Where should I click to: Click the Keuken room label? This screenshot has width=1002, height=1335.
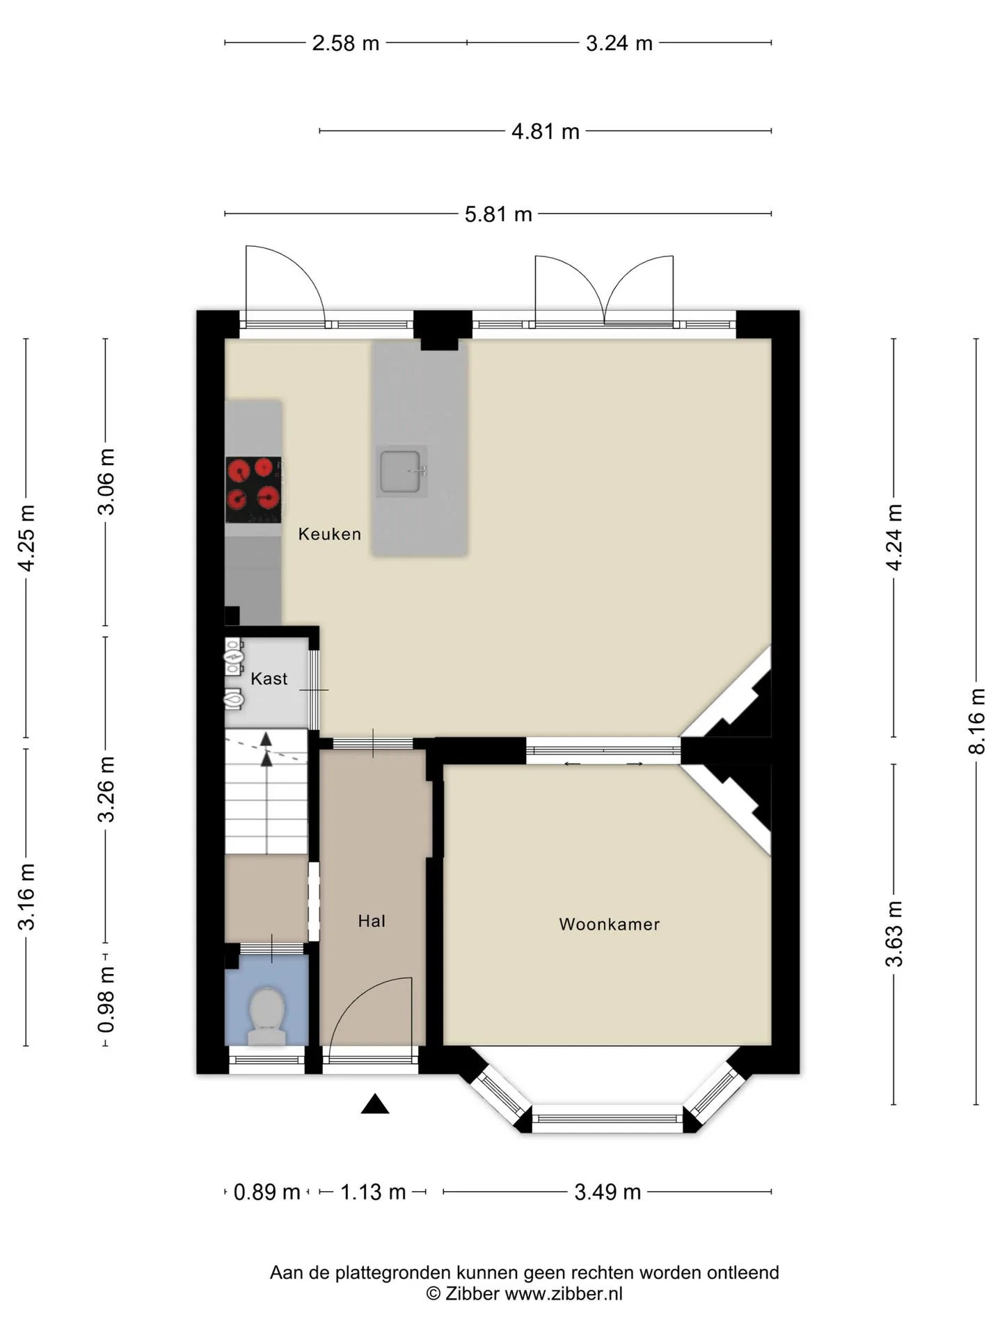pyautogui.click(x=330, y=534)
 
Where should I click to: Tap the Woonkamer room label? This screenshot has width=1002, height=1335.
pyautogui.click(x=610, y=924)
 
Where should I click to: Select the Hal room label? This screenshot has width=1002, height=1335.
pyautogui.click(x=372, y=921)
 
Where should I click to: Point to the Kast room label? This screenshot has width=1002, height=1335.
pyautogui.click(x=269, y=679)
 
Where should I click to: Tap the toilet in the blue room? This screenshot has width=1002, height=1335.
pyautogui.click(x=267, y=1015)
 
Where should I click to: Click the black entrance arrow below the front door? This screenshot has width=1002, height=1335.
pyautogui.click(x=375, y=1103)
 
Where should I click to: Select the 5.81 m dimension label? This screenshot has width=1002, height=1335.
pyautogui.click(x=498, y=214)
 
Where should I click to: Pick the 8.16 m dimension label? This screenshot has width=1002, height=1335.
pyautogui.click(x=976, y=721)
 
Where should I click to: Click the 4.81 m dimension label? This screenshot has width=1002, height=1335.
pyautogui.click(x=546, y=131)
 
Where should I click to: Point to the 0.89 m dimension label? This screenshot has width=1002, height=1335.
pyautogui.click(x=267, y=1192)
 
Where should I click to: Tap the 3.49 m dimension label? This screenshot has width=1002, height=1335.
pyautogui.click(x=607, y=1192)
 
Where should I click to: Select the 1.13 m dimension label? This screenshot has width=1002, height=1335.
pyautogui.click(x=373, y=1192)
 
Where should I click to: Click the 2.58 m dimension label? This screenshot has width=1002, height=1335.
pyautogui.click(x=346, y=43)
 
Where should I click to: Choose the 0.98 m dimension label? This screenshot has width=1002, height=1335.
pyautogui.click(x=106, y=999)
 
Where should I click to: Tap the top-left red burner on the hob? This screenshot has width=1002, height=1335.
pyautogui.click(x=239, y=471)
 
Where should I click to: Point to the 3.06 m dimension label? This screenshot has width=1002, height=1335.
pyautogui.click(x=106, y=482)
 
